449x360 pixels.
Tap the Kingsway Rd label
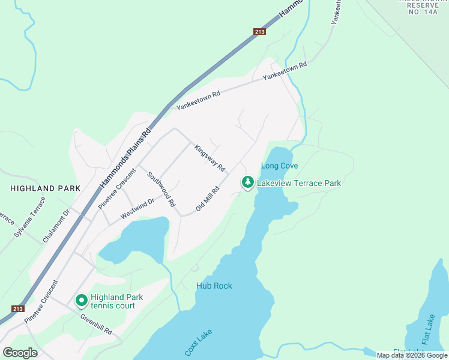click(209, 158)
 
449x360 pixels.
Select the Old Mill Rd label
click(208, 199)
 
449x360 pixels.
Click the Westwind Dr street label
click(137, 208)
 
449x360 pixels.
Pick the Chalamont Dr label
click(56, 226)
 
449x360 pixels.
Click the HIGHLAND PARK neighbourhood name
click(45, 188)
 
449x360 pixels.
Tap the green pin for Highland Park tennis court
click(81, 299)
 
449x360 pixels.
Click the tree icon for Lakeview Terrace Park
click(247, 181)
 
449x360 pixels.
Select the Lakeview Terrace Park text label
click(299, 183)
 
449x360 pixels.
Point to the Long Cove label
click(279, 166)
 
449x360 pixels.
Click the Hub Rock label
click(214, 286)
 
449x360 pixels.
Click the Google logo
click(20, 353)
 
